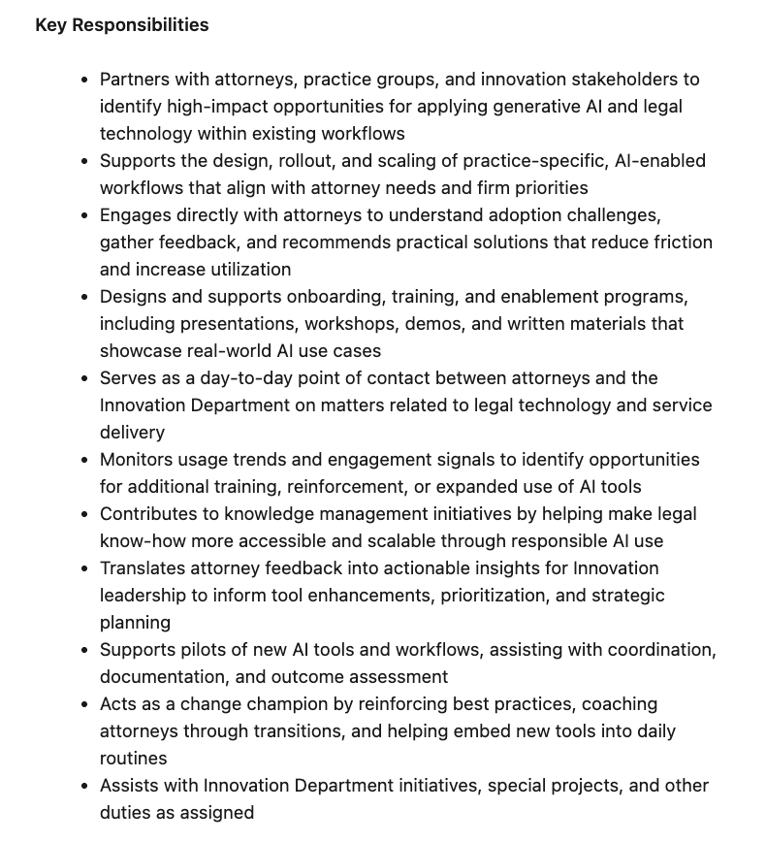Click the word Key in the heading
pos(50,25)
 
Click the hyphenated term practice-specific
pos(523,161)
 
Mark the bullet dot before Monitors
pos(85,460)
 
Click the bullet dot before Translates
pos(85,568)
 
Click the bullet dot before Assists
pos(85,786)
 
